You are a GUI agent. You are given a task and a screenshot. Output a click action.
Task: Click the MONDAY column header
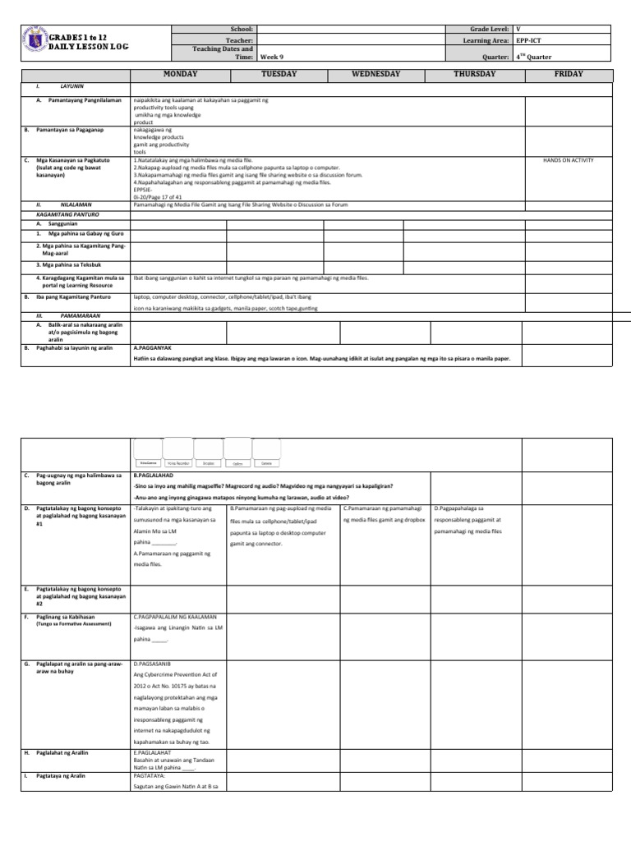180,74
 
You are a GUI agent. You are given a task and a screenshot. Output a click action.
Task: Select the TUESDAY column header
279,74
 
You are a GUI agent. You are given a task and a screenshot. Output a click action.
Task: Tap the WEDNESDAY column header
375,74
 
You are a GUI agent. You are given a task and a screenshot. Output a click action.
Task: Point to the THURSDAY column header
474,74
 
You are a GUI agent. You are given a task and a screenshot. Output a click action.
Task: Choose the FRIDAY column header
569,74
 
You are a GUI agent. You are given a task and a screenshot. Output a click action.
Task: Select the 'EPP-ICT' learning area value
530,39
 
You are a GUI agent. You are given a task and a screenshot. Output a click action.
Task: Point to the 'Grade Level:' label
488,29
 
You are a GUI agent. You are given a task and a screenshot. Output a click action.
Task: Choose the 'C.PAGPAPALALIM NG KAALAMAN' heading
174,615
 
